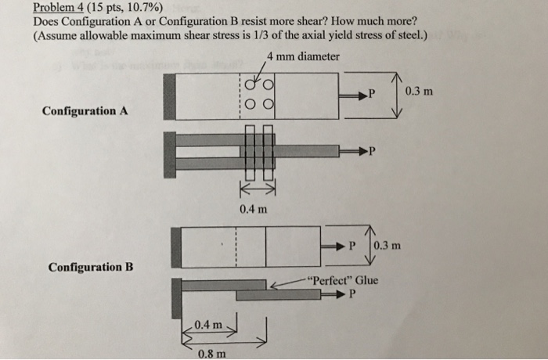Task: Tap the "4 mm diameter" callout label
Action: pyautogui.click(x=303, y=56)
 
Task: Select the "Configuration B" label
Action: pyautogui.click(x=90, y=267)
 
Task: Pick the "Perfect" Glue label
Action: pyautogui.click(x=343, y=280)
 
